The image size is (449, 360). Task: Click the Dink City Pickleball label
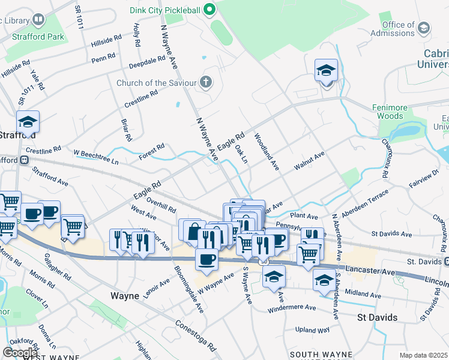pos(165,10)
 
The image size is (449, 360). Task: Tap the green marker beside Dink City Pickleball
pos(209,9)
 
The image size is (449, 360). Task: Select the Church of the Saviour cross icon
pos(206,82)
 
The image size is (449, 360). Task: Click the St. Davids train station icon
pos(445,262)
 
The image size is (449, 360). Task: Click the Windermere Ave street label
pos(292,307)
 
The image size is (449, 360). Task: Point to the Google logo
pos(20,352)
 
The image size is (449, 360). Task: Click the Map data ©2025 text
pos(423,355)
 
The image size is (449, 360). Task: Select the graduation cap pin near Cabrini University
pos(326,71)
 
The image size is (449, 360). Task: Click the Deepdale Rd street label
pos(146,62)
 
